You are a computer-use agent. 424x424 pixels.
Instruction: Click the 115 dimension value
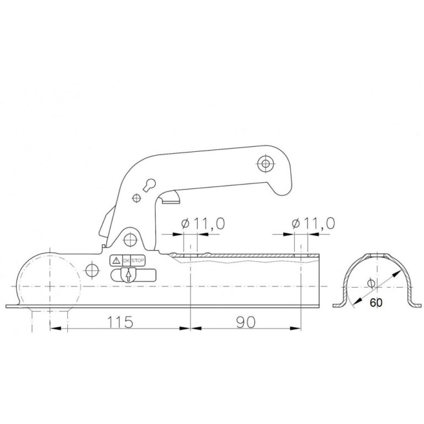pos(120,322)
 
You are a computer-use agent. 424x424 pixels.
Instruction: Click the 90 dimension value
pos(246,322)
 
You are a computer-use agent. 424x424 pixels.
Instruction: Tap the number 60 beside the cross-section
pos(376,303)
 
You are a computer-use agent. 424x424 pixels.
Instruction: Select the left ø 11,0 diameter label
pos(203,224)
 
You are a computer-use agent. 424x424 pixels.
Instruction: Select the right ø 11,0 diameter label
pos(314,224)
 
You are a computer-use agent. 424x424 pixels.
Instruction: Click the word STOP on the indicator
pos(137,261)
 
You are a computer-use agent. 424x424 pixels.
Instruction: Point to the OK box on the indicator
pos(126,261)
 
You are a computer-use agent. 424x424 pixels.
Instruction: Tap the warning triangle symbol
pos(116,261)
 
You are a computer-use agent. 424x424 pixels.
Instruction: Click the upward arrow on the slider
pos(129,275)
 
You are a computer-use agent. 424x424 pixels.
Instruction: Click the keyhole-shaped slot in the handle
pos(150,185)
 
